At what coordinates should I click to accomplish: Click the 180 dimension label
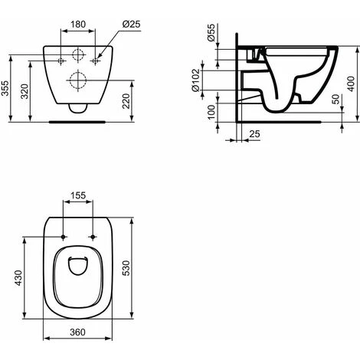click(78, 25)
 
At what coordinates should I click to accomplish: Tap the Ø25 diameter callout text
click(131, 25)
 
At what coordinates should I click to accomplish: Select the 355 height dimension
click(5, 88)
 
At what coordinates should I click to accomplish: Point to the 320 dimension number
click(25, 91)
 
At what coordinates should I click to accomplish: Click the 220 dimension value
click(126, 101)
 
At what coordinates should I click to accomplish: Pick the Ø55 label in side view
click(211, 33)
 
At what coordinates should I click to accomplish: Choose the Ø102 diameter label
click(196, 80)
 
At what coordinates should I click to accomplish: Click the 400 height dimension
click(352, 83)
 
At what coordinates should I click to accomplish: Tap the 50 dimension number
click(336, 99)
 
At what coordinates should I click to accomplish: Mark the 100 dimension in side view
click(211, 112)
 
